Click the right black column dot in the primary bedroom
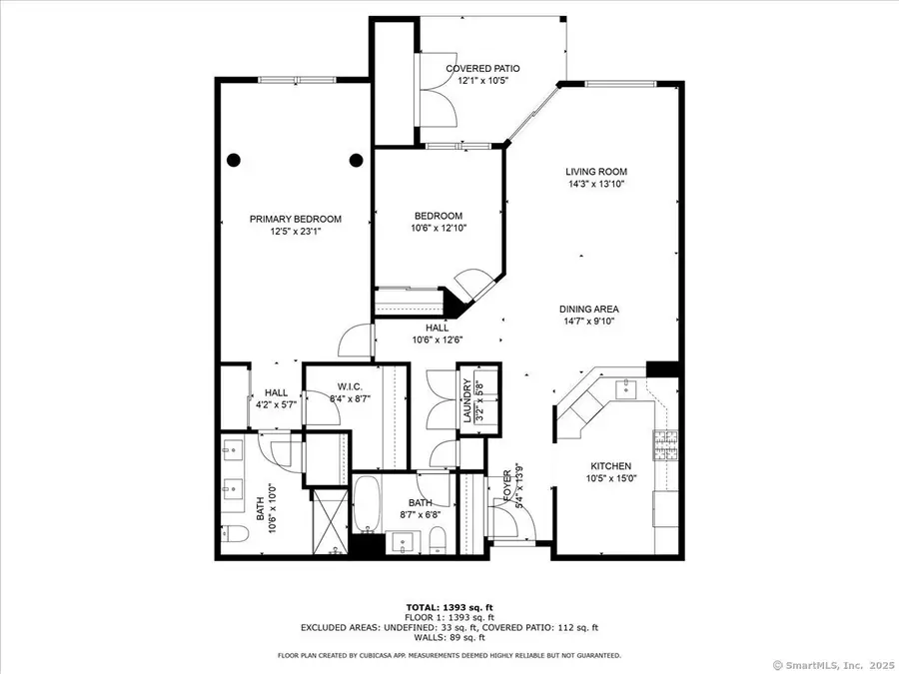click(x=356, y=159)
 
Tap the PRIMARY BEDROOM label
click(x=296, y=220)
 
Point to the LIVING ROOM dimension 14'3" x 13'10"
click(x=596, y=184)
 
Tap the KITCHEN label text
click(x=610, y=466)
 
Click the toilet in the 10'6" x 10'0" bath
click(x=234, y=532)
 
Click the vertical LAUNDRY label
click(x=466, y=398)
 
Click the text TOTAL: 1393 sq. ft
click(x=449, y=607)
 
